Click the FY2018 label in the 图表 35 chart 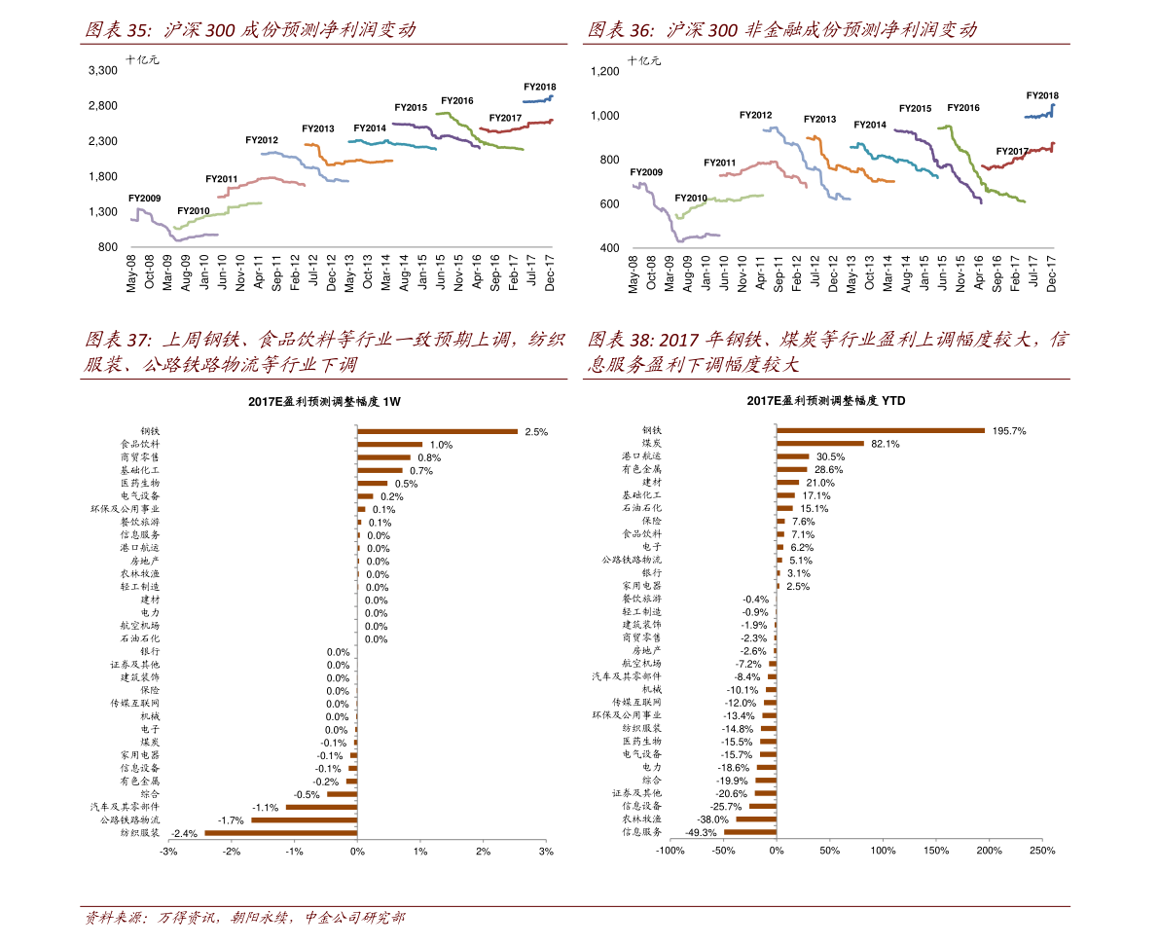(539, 87)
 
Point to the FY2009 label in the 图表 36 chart (646, 172)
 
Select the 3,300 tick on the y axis (102, 71)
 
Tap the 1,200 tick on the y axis (604, 71)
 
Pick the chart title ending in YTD (826, 401)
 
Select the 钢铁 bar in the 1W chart (437, 431)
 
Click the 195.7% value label (1009, 431)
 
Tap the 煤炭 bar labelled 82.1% (820, 444)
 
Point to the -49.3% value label (701, 832)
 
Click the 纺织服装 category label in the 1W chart (139, 833)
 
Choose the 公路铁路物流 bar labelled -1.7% (305, 820)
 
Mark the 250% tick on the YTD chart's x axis (1042, 852)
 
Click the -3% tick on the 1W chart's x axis (168, 852)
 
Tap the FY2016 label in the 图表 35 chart (456, 101)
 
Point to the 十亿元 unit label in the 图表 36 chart (644, 60)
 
